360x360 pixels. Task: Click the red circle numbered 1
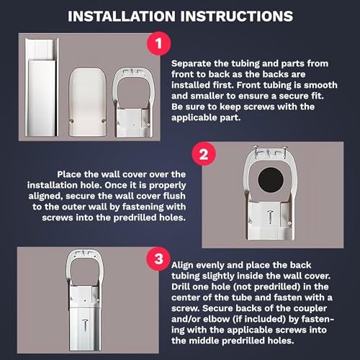[x=158, y=44]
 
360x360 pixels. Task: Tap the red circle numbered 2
[x=204, y=154]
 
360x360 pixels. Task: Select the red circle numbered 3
[x=158, y=259]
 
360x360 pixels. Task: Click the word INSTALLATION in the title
[x=122, y=17]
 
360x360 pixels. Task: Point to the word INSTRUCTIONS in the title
[x=237, y=17]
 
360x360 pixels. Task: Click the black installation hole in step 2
[x=271, y=180]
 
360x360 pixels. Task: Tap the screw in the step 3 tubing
[x=84, y=325]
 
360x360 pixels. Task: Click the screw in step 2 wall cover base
[x=271, y=216]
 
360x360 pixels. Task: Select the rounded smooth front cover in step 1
[x=88, y=102]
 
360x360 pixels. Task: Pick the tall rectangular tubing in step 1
[x=42, y=87]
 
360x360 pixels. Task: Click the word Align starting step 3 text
[x=183, y=266]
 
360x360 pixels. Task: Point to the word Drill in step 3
[x=181, y=287]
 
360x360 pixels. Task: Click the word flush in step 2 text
[x=174, y=196]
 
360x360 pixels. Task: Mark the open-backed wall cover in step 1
[x=132, y=102]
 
